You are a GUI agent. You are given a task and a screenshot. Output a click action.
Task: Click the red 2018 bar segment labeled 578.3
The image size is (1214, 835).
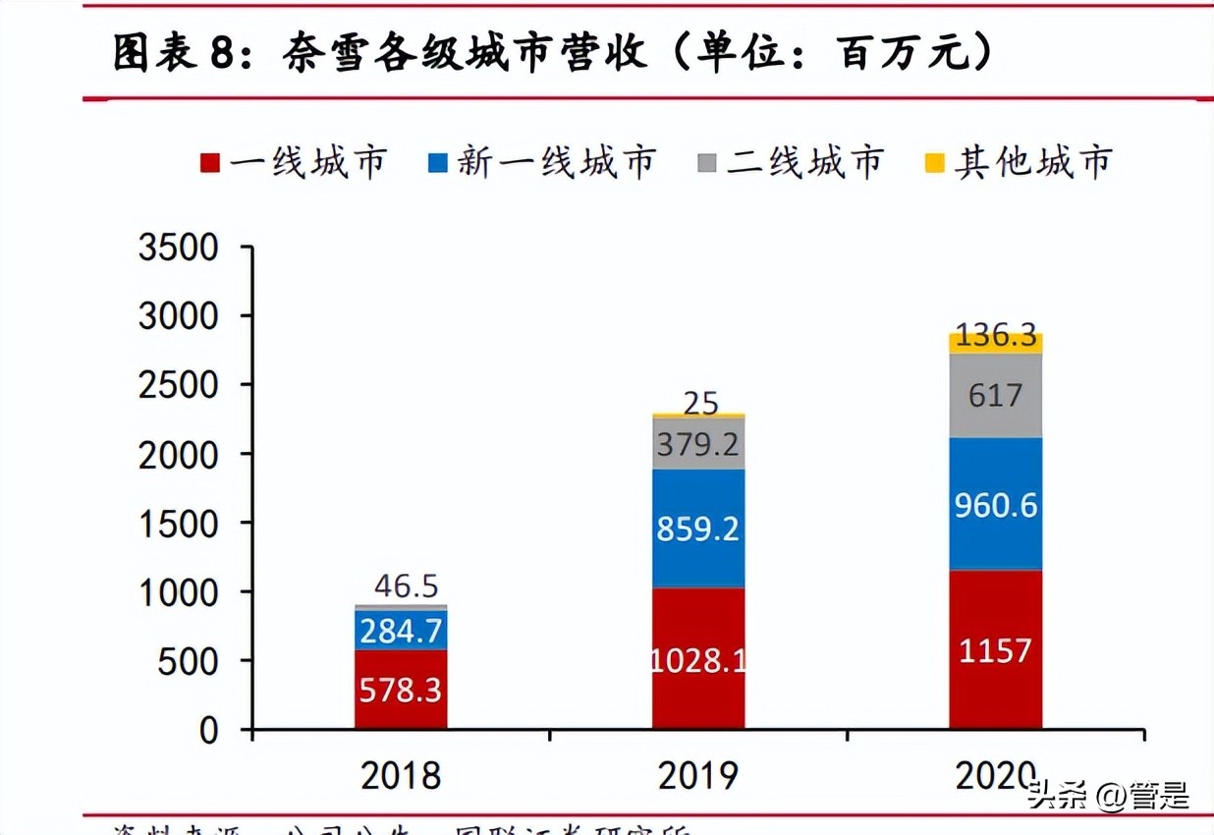click(401, 690)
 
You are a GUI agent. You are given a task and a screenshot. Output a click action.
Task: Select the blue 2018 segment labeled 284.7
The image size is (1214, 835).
click(401, 630)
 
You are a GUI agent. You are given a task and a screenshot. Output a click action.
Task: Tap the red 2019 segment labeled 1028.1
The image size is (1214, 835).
click(698, 658)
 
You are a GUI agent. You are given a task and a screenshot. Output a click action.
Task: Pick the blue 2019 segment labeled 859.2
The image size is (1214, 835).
click(698, 529)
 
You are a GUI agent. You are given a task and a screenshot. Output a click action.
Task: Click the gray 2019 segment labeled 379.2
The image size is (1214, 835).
click(698, 445)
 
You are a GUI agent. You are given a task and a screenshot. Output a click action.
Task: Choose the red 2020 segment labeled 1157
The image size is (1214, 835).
click(995, 649)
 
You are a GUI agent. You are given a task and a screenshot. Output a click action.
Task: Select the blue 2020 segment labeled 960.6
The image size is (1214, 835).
click(995, 504)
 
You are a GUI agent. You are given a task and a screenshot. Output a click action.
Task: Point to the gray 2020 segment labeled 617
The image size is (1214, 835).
click(995, 396)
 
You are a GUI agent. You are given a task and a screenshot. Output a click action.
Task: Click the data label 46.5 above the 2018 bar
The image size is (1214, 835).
click(406, 586)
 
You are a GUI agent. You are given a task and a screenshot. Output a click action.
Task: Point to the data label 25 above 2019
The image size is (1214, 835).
click(701, 402)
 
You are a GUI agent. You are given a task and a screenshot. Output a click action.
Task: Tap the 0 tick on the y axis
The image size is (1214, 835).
click(209, 731)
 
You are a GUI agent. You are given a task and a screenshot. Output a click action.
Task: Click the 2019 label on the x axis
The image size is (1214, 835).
click(698, 776)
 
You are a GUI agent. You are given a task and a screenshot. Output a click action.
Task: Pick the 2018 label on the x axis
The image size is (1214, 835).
click(401, 776)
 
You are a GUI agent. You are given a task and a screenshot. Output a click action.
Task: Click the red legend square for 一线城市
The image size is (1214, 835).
click(208, 163)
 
